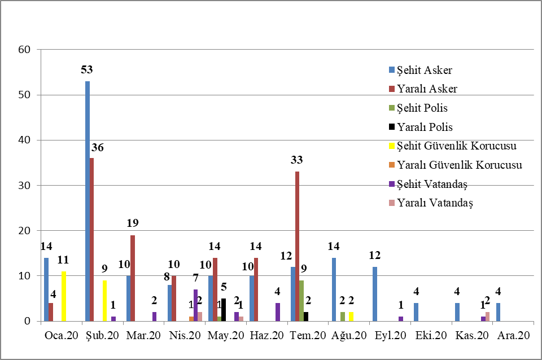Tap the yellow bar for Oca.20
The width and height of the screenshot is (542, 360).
63,296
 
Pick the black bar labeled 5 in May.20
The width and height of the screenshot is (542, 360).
224,310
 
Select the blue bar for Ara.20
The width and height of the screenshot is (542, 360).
499,312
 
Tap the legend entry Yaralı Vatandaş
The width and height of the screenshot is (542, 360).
435,202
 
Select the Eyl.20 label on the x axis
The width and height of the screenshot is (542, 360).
390,336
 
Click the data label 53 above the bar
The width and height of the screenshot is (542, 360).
87,70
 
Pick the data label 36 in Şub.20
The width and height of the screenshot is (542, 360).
97,148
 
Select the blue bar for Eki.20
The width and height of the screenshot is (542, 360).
416,312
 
